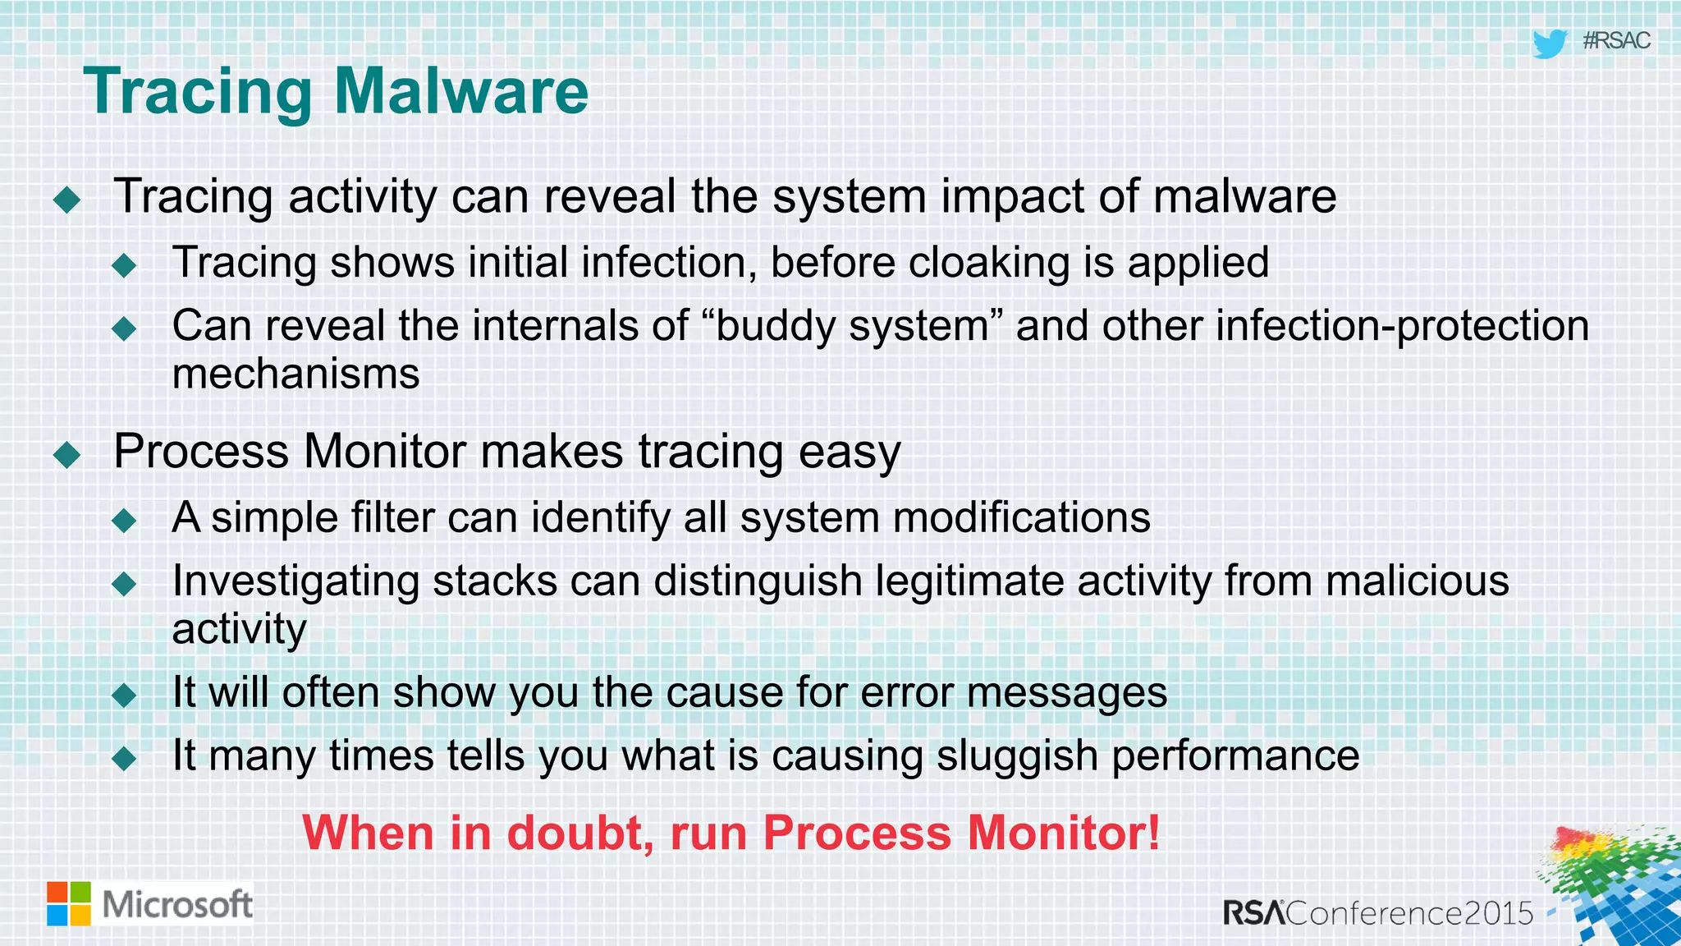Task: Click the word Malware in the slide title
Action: [461, 91]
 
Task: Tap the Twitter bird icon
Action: [1549, 44]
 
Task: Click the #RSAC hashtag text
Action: [1616, 41]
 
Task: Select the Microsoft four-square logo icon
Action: [69, 904]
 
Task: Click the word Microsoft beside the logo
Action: [177, 905]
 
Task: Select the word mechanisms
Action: [295, 374]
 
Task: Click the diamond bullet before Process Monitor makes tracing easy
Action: [66, 454]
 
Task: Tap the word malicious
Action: [1417, 581]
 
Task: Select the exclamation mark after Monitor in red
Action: [1153, 833]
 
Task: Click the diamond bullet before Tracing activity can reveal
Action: [66, 200]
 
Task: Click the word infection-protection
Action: [1402, 326]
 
